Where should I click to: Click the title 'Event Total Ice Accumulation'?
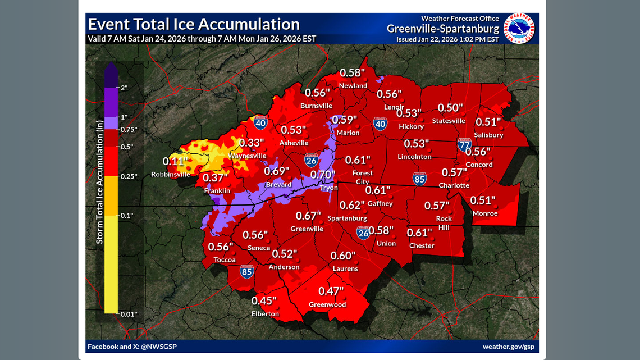[x=194, y=25]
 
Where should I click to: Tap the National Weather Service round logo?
[x=519, y=28]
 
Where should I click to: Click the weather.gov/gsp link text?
[x=509, y=347]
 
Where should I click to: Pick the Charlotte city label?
[x=454, y=185]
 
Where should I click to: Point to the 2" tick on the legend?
[x=124, y=88]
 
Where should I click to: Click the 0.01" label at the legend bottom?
[x=129, y=314]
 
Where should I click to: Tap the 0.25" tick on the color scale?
[x=129, y=176]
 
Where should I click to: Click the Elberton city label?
[x=265, y=314]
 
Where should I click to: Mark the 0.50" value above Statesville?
[x=451, y=108]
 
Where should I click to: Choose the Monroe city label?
[x=485, y=213]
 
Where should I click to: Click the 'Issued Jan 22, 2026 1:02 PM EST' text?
[x=447, y=39]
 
